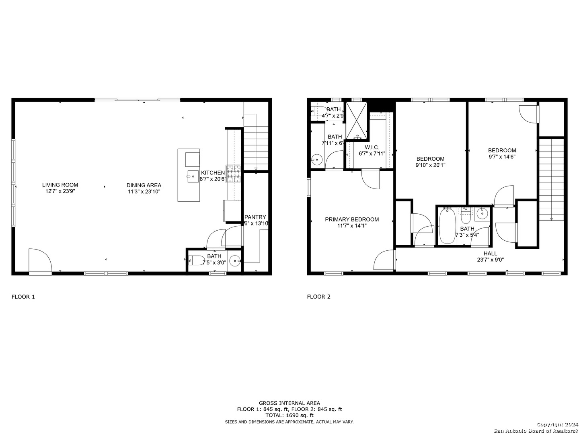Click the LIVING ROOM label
pos(60,185)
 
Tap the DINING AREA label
pos(144,185)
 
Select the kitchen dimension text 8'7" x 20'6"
pos(213,179)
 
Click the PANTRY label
pos(255,217)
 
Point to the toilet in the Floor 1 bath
pos(196,260)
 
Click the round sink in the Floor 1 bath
pos(234,261)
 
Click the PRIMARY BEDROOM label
pos(352,219)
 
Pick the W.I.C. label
pos(372,147)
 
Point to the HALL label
pos(490,253)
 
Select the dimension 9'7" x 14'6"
pos(502,157)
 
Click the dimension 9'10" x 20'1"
pos(430,165)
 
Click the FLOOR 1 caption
pos(23,297)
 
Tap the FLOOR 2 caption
pos(318,297)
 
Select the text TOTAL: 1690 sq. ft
pos(289,415)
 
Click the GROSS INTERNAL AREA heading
pos(289,403)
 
